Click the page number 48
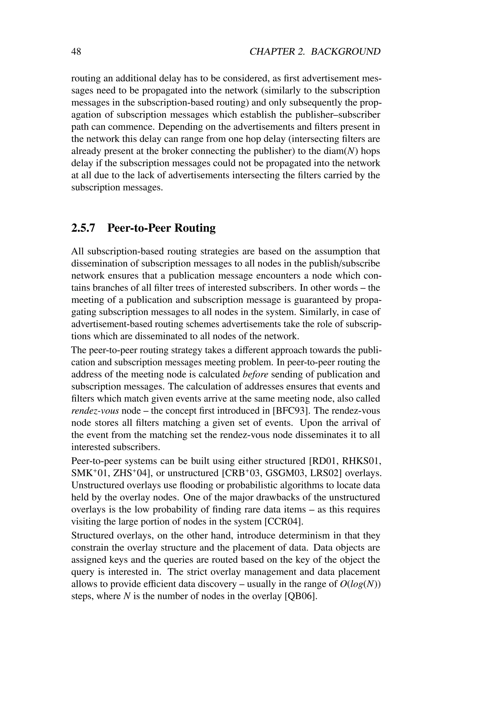[x=76, y=51]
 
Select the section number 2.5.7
[x=83, y=228]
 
